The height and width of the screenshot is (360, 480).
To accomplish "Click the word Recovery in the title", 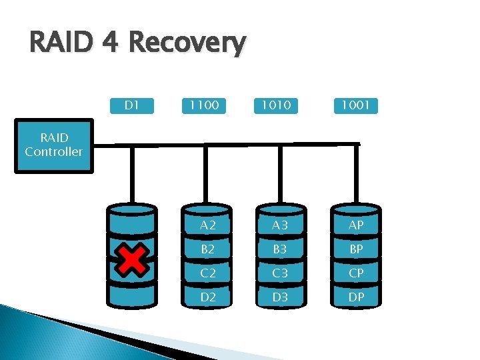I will [187, 44].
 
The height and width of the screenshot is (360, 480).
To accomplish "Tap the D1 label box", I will [132, 105].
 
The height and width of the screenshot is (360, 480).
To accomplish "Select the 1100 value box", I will [204, 105].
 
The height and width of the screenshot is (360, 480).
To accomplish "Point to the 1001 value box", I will [355, 105].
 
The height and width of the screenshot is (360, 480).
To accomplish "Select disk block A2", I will [208, 225].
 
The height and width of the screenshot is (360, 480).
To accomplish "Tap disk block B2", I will [208, 249].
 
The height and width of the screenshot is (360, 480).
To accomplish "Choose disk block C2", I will [208, 273].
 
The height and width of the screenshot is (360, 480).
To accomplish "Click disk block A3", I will [280, 225].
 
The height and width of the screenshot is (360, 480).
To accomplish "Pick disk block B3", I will [280, 249].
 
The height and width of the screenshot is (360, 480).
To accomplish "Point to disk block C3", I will [280, 273].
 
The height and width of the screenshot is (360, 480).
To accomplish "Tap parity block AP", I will [357, 225].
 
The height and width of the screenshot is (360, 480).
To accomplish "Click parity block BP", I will [357, 249].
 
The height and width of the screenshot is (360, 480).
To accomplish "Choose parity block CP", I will [357, 273].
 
